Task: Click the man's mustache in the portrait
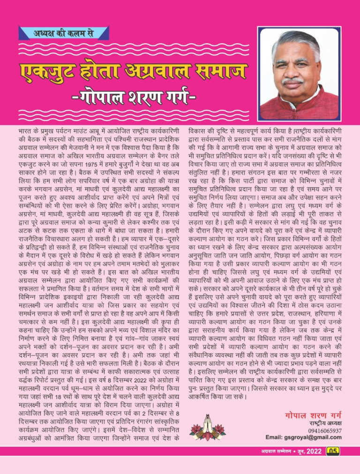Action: pyautogui.click(x=293, y=81)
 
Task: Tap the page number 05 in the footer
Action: pyautogui.click(x=333, y=451)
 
